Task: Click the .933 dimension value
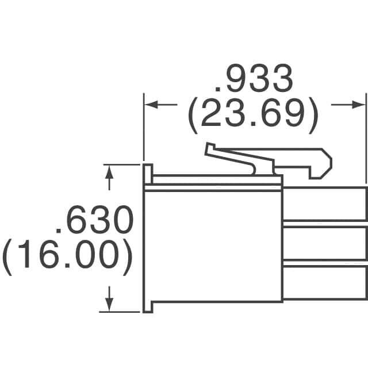[x=254, y=78]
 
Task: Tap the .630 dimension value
[x=94, y=220]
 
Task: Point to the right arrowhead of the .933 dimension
[x=358, y=105]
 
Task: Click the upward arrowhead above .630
[x=109, y=172]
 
